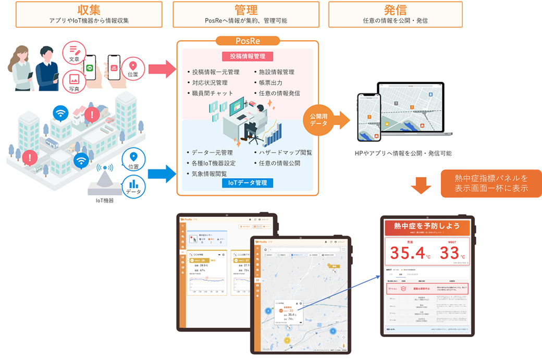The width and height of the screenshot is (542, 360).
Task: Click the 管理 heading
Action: (245, 10)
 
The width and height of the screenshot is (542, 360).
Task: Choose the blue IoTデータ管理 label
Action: (248, 183)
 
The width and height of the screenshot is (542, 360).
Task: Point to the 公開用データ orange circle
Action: (317, 120)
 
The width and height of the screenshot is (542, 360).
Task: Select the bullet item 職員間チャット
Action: (212, 93)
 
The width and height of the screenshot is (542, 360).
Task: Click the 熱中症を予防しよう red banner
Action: (427, 226)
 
